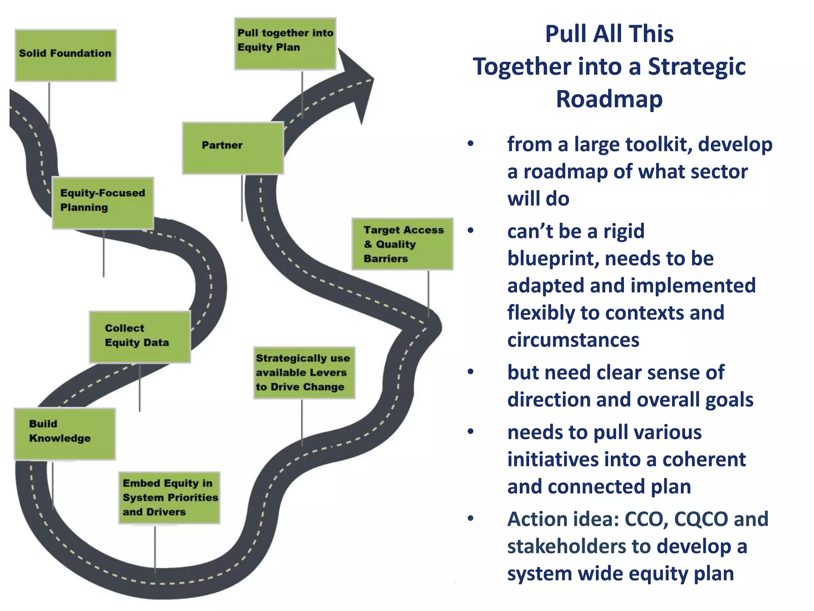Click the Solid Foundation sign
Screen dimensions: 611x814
tap(66, 55)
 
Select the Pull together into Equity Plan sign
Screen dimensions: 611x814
tap(285, 44)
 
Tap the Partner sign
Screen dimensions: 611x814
tap(233, 148)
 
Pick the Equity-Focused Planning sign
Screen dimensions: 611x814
tap(103, 203)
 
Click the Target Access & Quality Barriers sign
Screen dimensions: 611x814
tap(402, 244)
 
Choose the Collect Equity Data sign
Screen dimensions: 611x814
tap(140, 337)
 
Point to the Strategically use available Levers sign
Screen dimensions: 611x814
tap(304, 373)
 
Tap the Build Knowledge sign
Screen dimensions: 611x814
tap(65, 434)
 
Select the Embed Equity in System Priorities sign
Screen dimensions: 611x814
tap(169, 498)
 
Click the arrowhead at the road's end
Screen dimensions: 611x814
tap(356, 82)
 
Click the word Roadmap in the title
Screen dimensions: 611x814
tap(609, 99)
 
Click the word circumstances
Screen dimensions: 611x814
tap(573, 340)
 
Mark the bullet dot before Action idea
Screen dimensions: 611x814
tap(471, 518)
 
